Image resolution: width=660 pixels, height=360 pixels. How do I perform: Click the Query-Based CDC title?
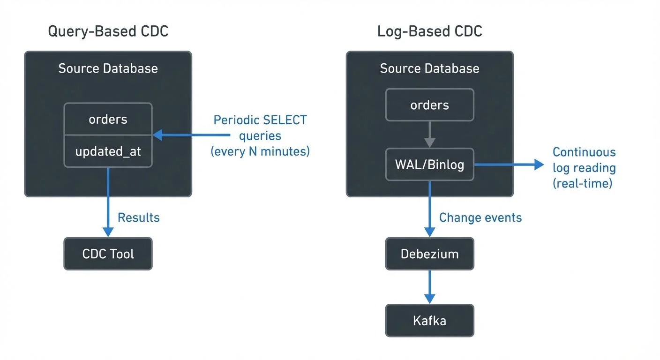point(108,31)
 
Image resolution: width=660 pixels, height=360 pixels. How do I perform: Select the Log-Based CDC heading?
point(430,31)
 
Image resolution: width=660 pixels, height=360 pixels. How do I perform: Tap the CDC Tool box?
point(108,254)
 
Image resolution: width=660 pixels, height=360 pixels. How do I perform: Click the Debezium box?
point(429,254)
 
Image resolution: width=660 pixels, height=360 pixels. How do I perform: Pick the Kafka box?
point(429,321)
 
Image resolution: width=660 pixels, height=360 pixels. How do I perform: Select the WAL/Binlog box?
point(429,165)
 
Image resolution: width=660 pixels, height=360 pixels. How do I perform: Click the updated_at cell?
point(108,151)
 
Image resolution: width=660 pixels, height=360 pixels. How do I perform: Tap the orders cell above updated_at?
point(108,119)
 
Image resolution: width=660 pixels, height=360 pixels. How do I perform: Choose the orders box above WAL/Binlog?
point(429,105)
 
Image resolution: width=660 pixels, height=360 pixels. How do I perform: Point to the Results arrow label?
point(138,217)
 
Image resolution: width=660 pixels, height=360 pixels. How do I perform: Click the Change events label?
point(480,217)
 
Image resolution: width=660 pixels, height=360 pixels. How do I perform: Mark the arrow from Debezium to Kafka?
point(429,287)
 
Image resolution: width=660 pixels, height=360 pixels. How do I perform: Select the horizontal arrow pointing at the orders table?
point(192,135)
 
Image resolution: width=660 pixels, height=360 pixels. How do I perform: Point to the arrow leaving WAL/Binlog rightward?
point(509,165)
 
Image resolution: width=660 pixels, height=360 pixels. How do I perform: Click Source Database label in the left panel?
point(108,68)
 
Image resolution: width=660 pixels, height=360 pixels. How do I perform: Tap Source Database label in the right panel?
point(429,68)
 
